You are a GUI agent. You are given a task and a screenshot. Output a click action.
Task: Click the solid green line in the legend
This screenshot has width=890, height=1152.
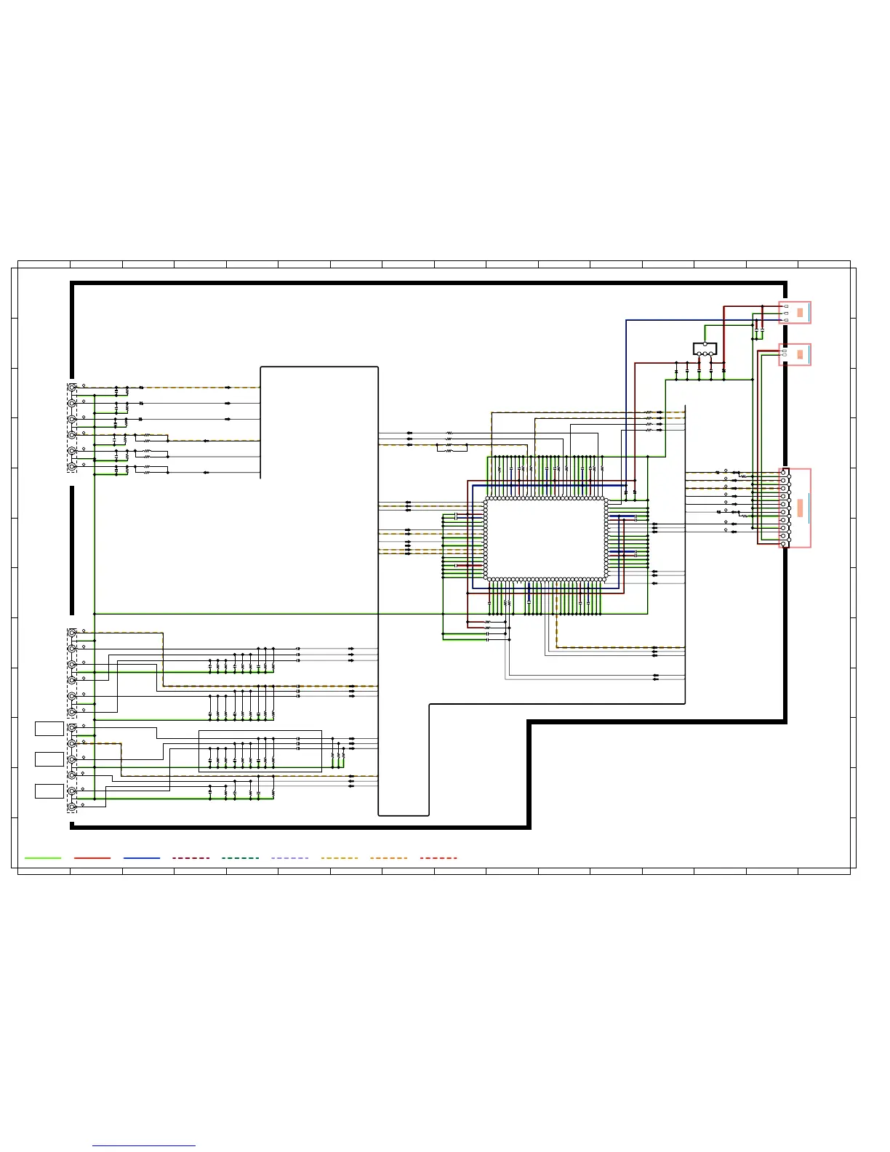click(x=42, y=858)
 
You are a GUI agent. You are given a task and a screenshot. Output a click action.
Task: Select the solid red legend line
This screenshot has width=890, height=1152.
click(x=92, y=858)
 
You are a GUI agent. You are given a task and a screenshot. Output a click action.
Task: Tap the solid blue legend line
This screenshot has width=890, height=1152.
click(x=142, y=858)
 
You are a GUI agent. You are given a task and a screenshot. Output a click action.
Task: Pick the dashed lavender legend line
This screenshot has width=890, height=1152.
click(x=289, y=858)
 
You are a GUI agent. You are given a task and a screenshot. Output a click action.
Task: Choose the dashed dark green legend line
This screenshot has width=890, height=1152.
click(x=240, y=858)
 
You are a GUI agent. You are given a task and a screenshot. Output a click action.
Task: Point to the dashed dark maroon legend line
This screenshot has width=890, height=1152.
click(x=191, y=858)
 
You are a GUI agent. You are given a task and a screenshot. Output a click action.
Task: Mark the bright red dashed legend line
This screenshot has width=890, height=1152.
click(x=438, y=858)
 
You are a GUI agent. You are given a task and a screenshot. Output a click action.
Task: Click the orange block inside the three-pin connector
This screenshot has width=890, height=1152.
click(x=800, y=313)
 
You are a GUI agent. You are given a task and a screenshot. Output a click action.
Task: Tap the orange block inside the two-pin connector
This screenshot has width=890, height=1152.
click(x=800, y=355)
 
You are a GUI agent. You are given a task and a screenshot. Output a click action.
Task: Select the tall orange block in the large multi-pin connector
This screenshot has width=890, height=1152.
click(x=800, y=508)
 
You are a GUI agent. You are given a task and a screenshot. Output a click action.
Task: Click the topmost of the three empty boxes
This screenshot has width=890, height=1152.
click(x=49, y=728)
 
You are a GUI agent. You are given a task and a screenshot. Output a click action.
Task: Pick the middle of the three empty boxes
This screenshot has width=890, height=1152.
click(x=49, y=759)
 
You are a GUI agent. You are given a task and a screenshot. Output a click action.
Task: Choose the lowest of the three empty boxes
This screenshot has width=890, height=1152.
click(x=49, y=791)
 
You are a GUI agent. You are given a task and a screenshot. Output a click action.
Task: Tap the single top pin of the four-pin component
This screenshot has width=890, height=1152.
click(x=705, y=344)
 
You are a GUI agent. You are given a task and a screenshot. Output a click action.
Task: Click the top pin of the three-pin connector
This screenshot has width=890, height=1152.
click(x=786, y=307)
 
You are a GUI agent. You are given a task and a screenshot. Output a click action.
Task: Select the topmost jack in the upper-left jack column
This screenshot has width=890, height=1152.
click(x=72, y=388)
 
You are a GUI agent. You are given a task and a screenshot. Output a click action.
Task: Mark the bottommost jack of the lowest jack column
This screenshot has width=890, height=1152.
click(x=72, y=807)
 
